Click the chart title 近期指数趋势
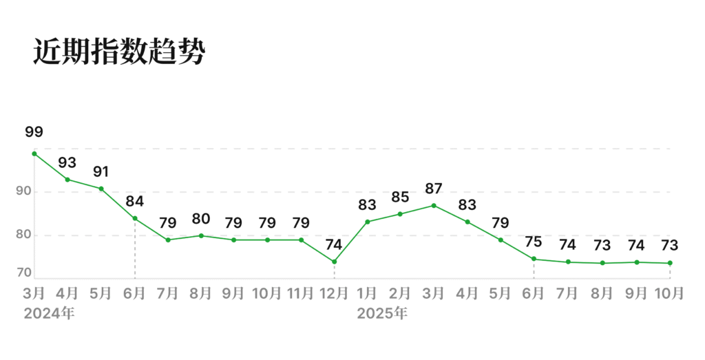(119, 52)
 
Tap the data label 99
(34, 132)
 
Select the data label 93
(67, 163)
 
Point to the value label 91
(101, 171)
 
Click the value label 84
(134, 202)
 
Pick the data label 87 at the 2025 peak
(434, 189)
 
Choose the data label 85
(400, 198)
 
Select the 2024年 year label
(49, 314)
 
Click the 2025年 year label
(382, 314)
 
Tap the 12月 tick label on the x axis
(334, 293)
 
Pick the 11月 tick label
(300, 293)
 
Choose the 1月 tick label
(367, 293)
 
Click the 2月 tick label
(400, 293)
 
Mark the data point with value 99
(34, 153)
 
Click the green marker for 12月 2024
(334, 262)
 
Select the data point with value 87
(434, 205)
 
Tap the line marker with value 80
(201, 235)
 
